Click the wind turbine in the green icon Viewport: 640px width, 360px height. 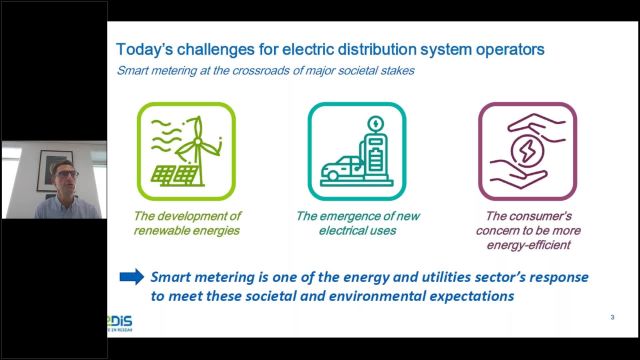click(195, 140)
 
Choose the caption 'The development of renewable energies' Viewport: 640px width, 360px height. click(188, 223)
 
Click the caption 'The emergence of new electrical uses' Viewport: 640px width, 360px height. click(357, 223)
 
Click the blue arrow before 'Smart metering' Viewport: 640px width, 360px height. click(131, 277)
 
